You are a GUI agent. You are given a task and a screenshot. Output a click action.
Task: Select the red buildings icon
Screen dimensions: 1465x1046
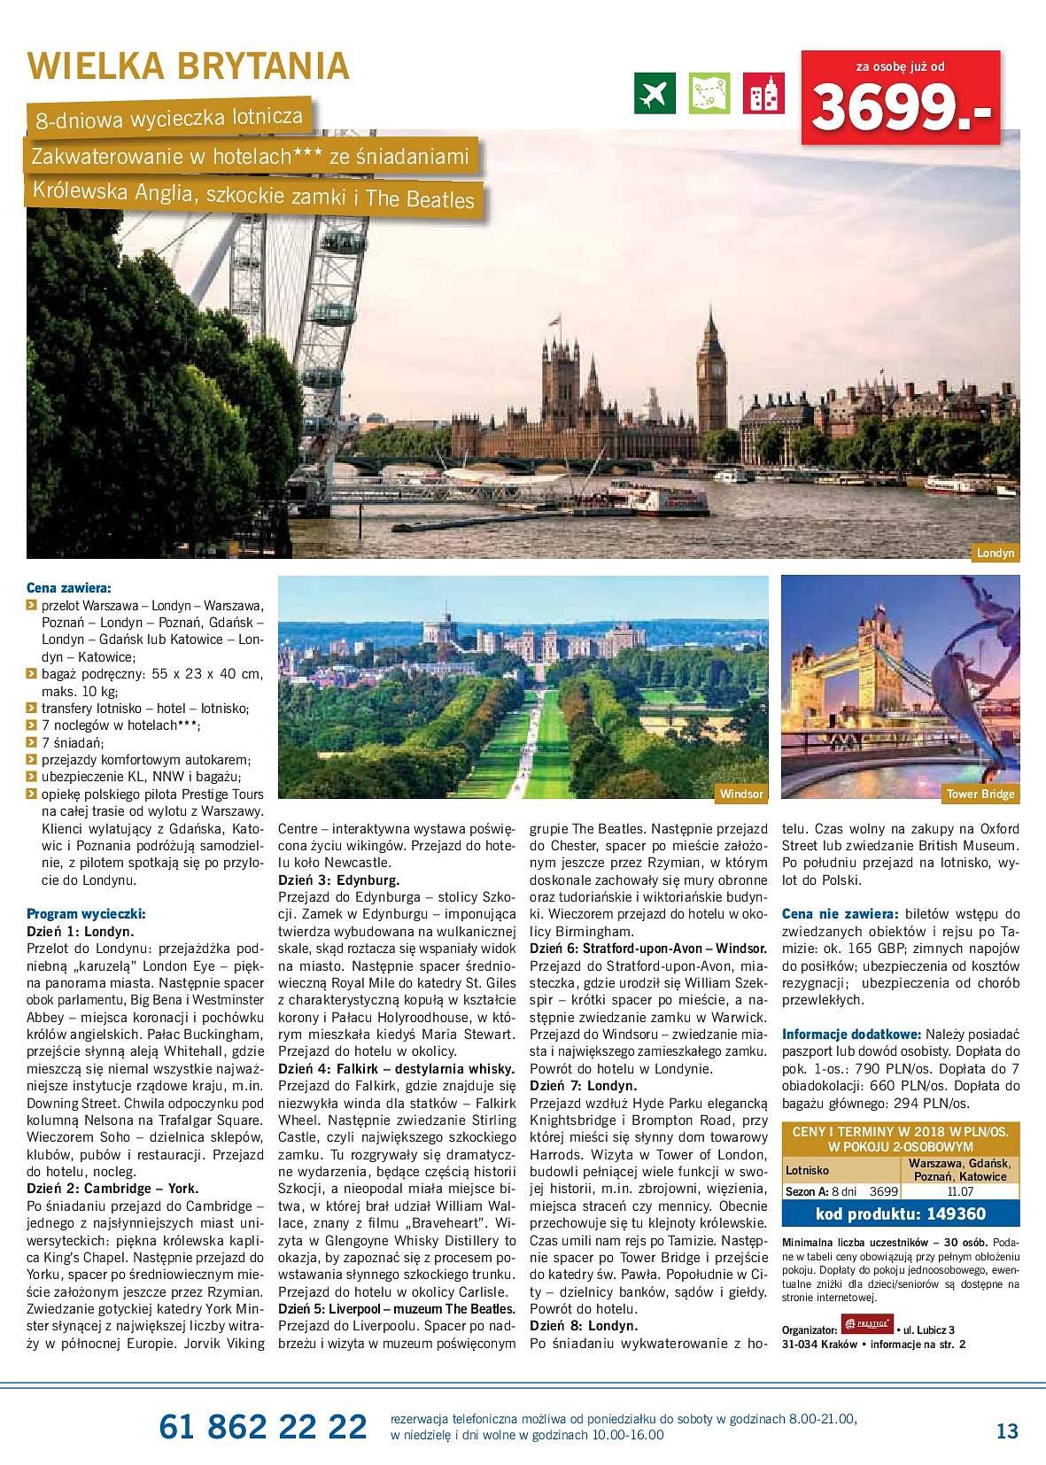[x=763, y=92]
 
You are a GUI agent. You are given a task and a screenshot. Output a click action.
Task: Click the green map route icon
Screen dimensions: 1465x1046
[x=709, y=92]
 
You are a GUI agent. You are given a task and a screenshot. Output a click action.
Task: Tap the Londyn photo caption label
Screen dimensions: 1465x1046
[x=996, y=554]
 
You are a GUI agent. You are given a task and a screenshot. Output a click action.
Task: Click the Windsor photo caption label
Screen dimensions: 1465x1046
[x=741, y=794]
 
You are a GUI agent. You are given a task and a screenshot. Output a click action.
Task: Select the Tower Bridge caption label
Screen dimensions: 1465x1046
[x=980, y=794]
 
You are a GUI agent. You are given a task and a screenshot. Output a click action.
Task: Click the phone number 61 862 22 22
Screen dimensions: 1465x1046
[x=263, y=1427]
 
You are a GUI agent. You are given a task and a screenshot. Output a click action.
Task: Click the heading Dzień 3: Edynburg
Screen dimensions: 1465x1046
[x=338, y=881]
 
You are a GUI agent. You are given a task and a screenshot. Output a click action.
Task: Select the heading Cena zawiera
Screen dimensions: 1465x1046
[x=69, y=587]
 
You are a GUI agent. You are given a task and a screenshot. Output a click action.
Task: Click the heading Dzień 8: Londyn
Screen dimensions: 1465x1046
[x=584, y=1326]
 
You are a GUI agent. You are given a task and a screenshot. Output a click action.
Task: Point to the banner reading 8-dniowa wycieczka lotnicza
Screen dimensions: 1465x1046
[x=169, y=118]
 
